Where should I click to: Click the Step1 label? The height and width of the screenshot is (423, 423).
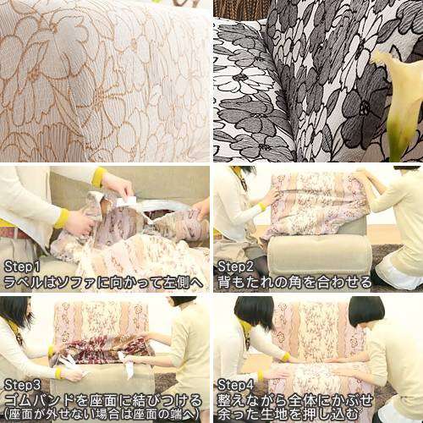coord(22,266)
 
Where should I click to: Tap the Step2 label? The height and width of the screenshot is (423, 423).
coord(236,266)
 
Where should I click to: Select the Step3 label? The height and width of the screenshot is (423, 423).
coord(23,385)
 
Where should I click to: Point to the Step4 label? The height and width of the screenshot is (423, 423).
coord(236,385)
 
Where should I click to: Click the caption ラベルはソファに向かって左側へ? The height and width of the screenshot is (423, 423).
coord(103,283)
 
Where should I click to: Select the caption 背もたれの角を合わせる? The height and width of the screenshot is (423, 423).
coord(295,283)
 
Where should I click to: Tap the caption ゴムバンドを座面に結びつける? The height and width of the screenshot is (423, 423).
coord(103,400)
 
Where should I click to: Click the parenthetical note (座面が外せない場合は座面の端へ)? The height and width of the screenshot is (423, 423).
coord(103,415)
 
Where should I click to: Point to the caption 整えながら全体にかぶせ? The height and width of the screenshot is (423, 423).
coord(295,400)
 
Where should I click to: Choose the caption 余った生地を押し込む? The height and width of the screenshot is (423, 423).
coord(288,414)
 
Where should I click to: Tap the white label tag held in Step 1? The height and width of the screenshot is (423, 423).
coord(126,201)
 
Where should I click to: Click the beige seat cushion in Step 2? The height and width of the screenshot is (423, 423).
coord(319,253)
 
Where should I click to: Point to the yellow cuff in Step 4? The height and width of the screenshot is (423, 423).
coord(286,357)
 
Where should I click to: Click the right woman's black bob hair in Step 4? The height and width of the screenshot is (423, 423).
coord(366,311)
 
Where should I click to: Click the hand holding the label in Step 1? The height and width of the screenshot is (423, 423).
coord(118,184)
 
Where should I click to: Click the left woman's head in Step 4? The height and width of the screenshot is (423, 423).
coord(254,312)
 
